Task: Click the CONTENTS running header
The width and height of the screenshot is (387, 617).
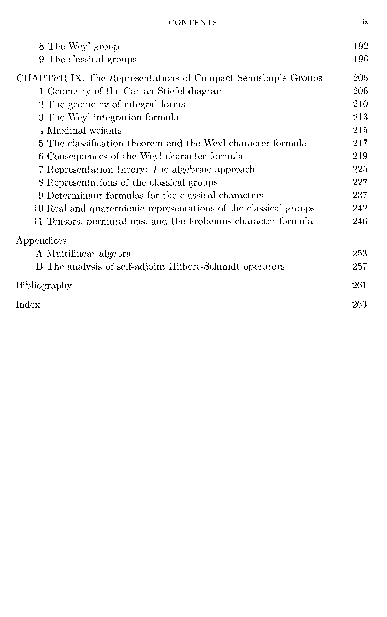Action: (193, 23)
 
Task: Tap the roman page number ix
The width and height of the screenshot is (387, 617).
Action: (365, 22)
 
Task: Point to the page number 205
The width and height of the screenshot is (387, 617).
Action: (360, 78)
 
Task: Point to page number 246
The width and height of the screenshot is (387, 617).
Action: (360, 221)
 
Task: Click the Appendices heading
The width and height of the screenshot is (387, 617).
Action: (41, 241)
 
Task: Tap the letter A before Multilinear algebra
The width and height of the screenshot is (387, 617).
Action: (39, 254)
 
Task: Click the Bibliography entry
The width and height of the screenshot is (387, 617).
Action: (44, 286)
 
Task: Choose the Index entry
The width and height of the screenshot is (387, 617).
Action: (28, 305)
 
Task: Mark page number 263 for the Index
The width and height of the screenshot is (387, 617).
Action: (360, 305)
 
